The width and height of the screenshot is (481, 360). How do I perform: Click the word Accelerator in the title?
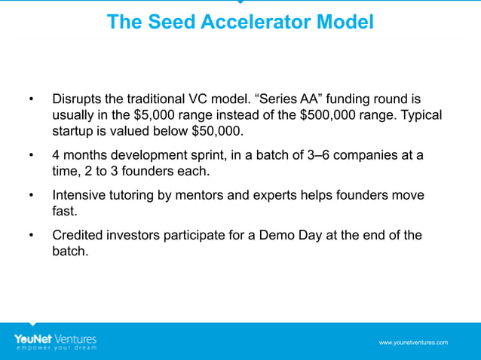coord(244,22)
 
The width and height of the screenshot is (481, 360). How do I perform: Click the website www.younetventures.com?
coord(413,343)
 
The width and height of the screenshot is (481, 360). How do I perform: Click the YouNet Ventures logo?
coord(55,338)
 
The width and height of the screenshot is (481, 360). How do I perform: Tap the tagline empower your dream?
coord(55,348)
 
